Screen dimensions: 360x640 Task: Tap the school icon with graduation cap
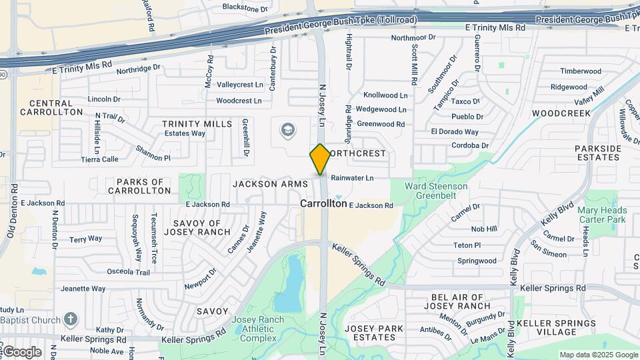(x=288, y=129)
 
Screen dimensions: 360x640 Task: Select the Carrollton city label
(x=323, y=203)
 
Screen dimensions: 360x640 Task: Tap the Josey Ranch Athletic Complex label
(x=253, y=329)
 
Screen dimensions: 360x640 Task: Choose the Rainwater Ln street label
(x=353, y=178)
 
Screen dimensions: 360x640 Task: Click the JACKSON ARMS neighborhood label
(x=270, y=183)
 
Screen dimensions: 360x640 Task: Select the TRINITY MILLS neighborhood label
(x=197, y=124)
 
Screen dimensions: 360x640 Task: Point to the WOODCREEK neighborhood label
(x=561, y=113)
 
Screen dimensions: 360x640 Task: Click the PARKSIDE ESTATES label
(x=597, y=153)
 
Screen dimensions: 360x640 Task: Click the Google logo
(x=21, y=352)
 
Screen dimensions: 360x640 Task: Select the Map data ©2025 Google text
(x=598, y=355)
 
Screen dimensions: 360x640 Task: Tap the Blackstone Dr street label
(x=245, y=8)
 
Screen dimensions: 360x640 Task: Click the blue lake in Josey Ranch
(x=289, y=283)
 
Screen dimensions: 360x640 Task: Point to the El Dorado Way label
(x=455, y=132)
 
